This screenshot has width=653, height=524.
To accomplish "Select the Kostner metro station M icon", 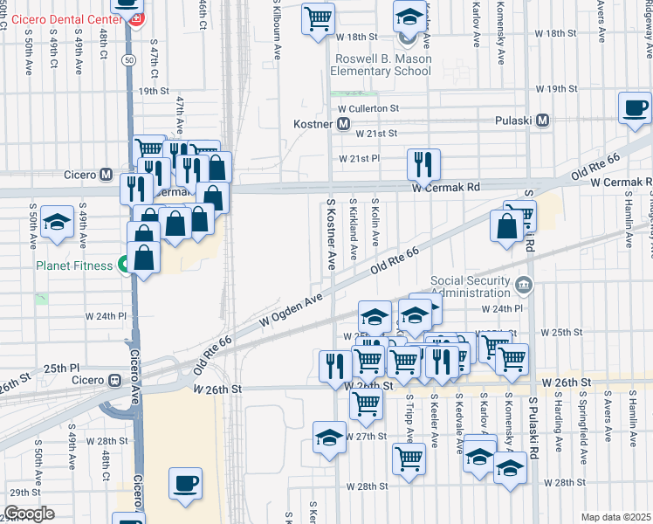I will point(344,125).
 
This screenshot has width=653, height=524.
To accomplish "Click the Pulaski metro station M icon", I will point(542,121).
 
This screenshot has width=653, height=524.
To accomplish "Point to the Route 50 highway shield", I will point(128,59).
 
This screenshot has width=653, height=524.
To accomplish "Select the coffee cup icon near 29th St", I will point(185,482).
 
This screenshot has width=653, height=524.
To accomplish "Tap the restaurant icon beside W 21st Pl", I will point(423,162).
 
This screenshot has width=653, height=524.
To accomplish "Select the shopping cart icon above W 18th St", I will point(319,17).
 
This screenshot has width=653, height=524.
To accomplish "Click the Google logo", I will point(29,514).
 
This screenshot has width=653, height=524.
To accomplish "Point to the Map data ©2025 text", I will point(616,517).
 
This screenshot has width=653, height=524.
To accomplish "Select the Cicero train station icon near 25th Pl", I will point(114,381).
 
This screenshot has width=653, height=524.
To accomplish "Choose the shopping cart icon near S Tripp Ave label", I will point(409,457).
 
